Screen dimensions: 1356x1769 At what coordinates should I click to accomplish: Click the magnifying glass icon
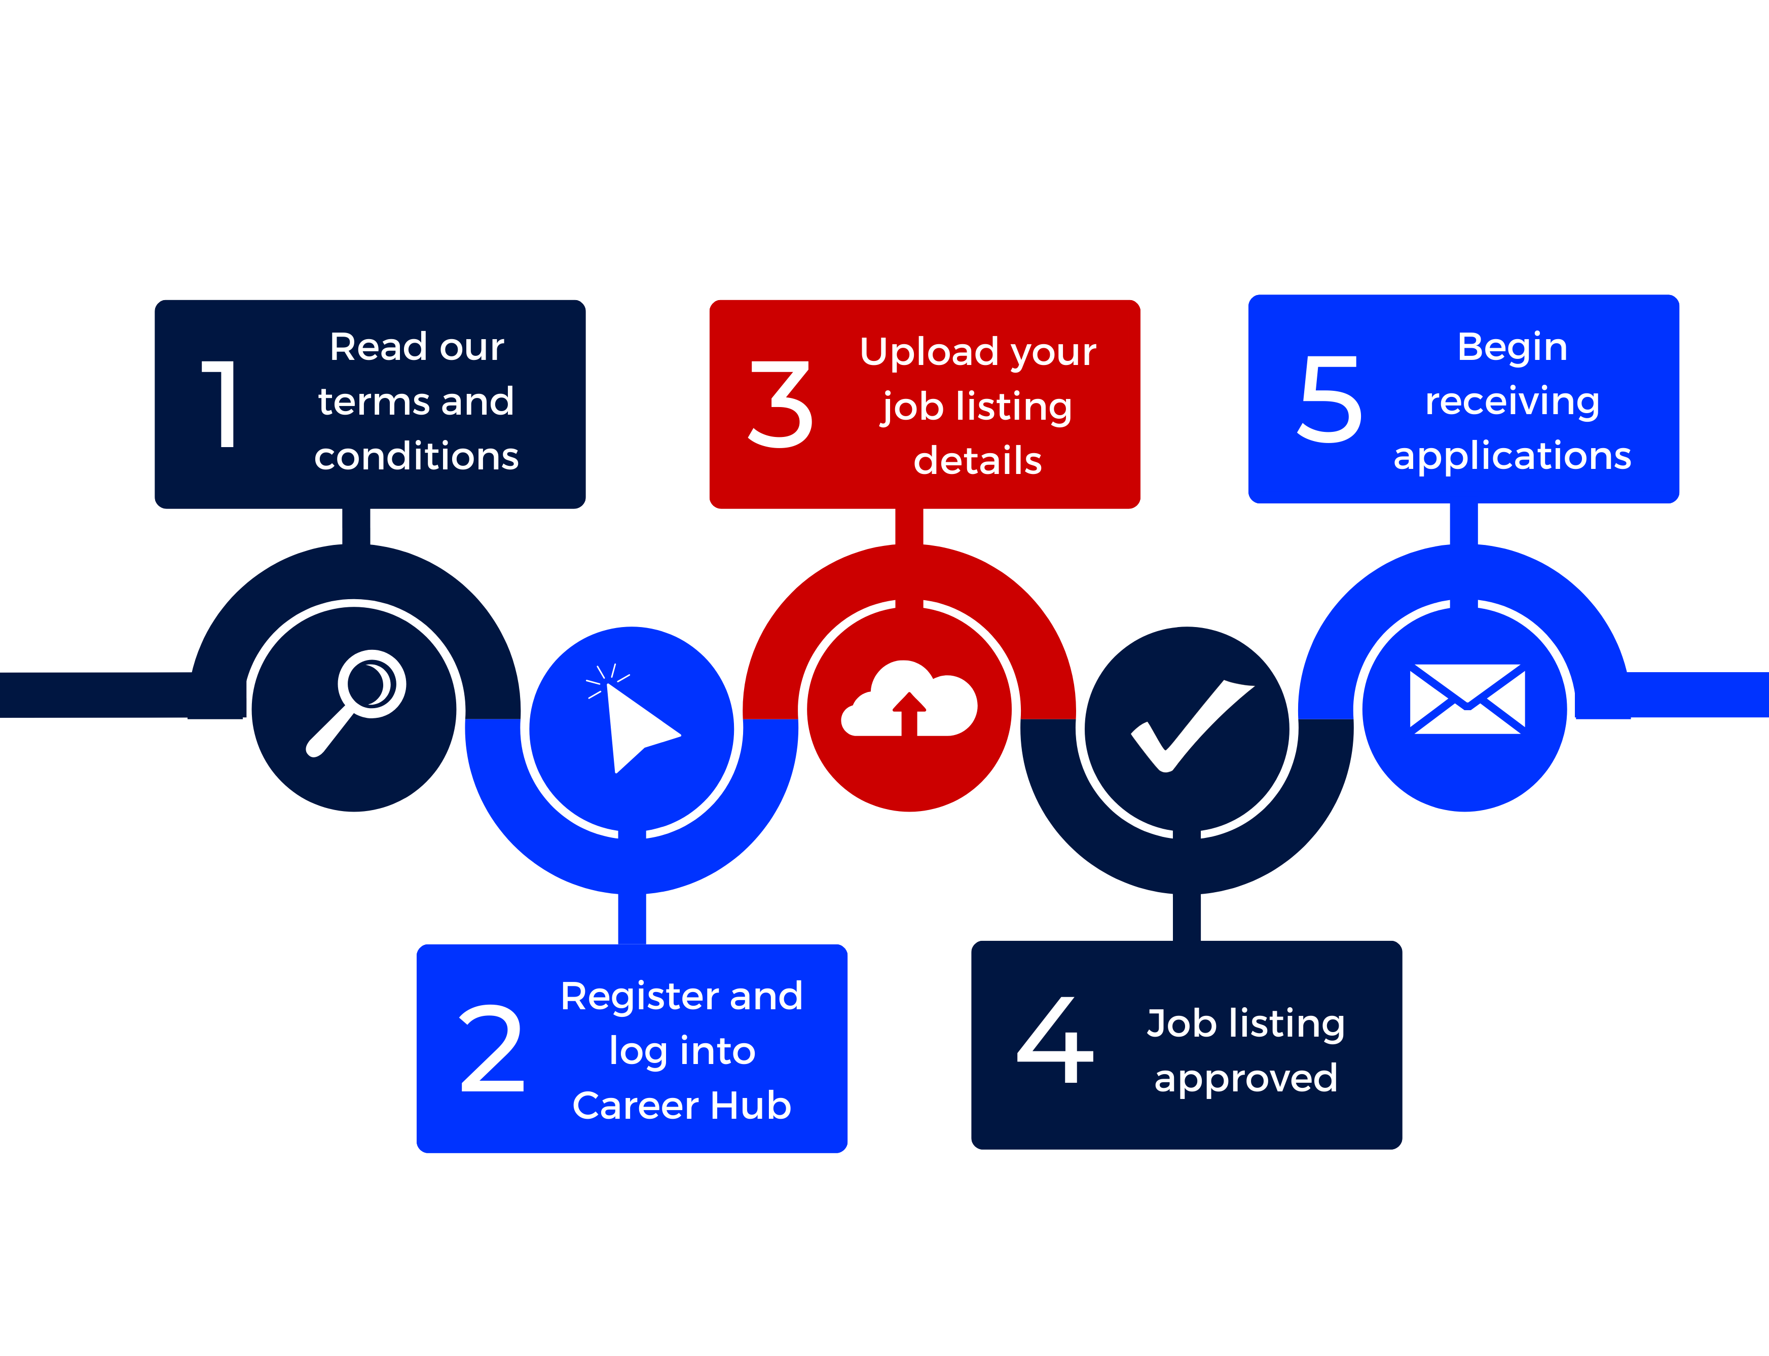tap(357, 701)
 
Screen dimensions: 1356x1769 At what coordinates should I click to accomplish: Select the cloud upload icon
tap(909, 701)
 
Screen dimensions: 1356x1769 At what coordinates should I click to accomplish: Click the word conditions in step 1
tap(417, 457)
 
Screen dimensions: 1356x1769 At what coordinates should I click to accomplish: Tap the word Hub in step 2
tap(751, 1106)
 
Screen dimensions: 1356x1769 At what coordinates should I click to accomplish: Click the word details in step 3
tap(977, 461)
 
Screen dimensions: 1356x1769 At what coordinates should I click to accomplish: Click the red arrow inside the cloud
tap(909, 714)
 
